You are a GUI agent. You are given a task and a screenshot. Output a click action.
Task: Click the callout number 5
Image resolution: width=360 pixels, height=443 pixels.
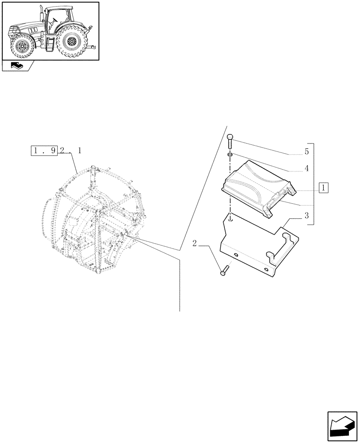306,152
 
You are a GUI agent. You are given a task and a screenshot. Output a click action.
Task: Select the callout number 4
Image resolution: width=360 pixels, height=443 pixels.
306,169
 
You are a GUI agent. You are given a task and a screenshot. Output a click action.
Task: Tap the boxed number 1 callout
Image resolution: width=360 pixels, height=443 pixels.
323,188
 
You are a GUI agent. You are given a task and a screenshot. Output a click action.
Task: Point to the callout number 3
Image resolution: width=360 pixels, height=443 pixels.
306,215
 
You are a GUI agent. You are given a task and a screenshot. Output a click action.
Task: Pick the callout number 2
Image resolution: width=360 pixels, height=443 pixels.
195,243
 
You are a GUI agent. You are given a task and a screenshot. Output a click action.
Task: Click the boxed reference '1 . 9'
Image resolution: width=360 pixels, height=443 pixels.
44,151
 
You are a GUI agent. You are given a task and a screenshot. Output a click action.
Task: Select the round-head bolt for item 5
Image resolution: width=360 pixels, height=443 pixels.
230,143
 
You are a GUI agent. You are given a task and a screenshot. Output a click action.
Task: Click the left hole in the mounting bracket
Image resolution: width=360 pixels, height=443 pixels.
235,256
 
